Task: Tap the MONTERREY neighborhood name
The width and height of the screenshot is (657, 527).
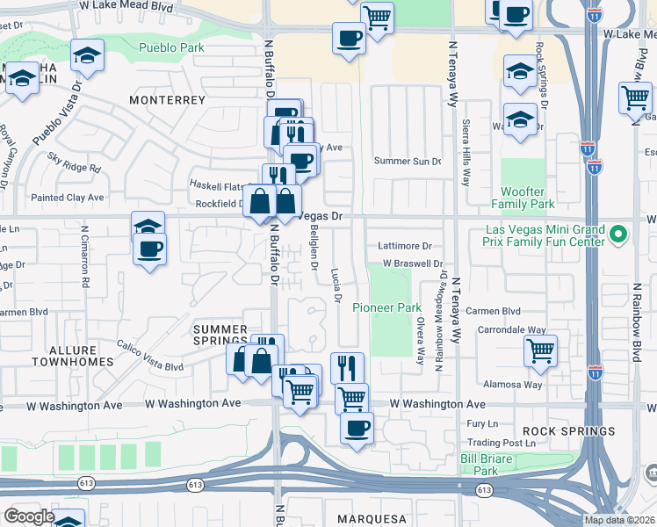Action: (167, 100)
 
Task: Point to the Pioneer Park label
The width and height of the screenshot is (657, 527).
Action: (387, 307)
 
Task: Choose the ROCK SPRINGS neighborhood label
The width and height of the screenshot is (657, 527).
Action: (568, 431)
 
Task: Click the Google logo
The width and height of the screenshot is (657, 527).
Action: (28, 516)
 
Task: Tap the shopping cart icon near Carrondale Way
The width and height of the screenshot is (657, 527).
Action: (540, 350)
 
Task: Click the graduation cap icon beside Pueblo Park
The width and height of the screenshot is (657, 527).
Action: (86, 56)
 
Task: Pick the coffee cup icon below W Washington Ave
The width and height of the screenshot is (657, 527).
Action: (357, 429)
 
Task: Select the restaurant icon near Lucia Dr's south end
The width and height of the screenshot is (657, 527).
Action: (347, 367)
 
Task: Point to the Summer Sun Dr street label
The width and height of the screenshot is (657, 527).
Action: (408, 161)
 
